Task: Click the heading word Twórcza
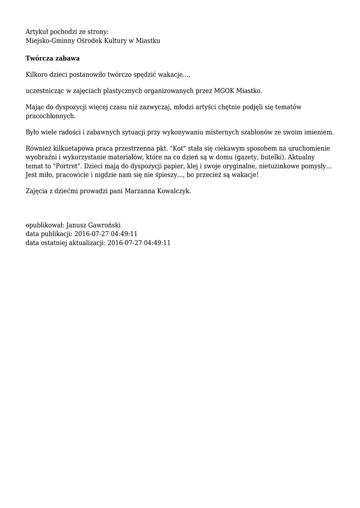(x=40, y=59)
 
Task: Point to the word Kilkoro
(x=37, y=75)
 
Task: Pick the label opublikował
(x=45, y=225)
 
